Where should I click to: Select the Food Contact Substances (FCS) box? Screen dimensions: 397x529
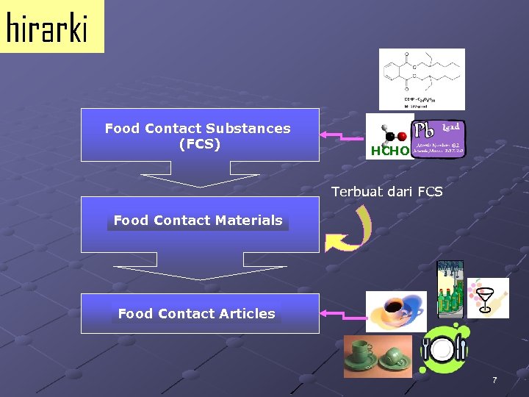[199, 135]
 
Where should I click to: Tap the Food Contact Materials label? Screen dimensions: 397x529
[198, 221]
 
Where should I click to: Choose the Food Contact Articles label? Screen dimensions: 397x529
[196, 314]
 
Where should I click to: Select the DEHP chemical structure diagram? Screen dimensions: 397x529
[421, 78]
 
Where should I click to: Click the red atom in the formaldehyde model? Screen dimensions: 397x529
[402, 137]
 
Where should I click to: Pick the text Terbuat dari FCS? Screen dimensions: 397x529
[386, 193]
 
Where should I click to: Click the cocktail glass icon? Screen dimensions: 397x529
[487, 297]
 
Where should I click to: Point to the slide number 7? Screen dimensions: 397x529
[494, 380]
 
